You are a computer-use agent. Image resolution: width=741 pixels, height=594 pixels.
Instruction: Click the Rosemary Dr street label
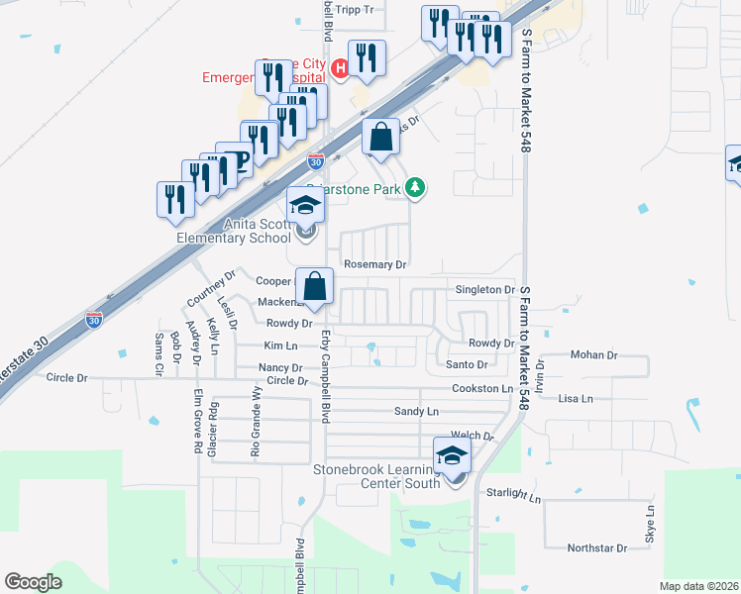[375, 264]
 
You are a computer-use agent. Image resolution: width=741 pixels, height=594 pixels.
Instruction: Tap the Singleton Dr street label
[485, 289]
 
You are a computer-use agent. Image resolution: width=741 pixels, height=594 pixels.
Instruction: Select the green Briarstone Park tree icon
[417, 187]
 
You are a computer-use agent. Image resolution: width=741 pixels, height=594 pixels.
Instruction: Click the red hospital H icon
[339, 68]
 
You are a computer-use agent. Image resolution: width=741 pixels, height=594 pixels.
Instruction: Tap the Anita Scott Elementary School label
[235, 231]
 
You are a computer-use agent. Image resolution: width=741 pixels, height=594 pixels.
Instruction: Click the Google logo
[33, 582]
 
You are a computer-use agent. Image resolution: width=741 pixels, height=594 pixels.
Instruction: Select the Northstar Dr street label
[597, 547]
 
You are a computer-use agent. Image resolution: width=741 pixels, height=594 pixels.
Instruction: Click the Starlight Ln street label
[514, 493]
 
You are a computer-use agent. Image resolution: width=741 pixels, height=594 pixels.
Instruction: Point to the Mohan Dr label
[594, 354]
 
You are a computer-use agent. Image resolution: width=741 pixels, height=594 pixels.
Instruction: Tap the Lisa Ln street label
[576, 399]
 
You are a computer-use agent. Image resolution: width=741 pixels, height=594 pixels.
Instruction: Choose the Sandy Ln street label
[416, 411]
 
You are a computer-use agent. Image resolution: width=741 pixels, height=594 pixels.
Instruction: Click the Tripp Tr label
[355, 10]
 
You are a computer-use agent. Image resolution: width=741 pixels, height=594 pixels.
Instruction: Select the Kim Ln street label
[280, 346]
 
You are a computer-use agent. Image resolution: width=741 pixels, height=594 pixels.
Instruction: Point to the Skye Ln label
[651, 525]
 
